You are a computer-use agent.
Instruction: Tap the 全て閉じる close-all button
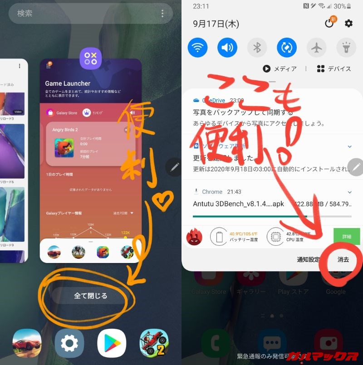click(x=91, y=296)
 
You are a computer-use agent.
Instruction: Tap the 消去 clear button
click(x=343, y=260)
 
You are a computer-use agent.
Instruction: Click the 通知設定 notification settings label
click(x=309, y=260)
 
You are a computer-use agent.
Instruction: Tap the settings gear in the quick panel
click(x=348, y=24)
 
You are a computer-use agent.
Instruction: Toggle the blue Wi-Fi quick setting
click(x=197, y=47)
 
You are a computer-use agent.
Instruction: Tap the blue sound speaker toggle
click(x=227, y=47)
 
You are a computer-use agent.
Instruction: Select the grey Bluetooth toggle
click(x=257, y=47)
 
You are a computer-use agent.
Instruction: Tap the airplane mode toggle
click(x=316, y=47)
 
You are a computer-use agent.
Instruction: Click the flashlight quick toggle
click(x=346, y=47)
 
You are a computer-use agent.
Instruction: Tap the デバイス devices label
click(x=334, y=69)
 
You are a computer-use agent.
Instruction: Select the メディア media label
click(x=280, y=69)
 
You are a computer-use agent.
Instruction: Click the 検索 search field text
click(x=25, y=13)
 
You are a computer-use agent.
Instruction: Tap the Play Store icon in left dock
click(x=112, y=343)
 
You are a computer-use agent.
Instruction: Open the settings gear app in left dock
click(x=69, y=343)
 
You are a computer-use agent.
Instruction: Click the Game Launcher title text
click(x=68, y=83)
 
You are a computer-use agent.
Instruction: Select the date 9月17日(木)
click(x=216, y=24)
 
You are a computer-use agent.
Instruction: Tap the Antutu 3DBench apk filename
click(x=239, y=204)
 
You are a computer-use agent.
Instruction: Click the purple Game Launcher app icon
click(x=91, y=59)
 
